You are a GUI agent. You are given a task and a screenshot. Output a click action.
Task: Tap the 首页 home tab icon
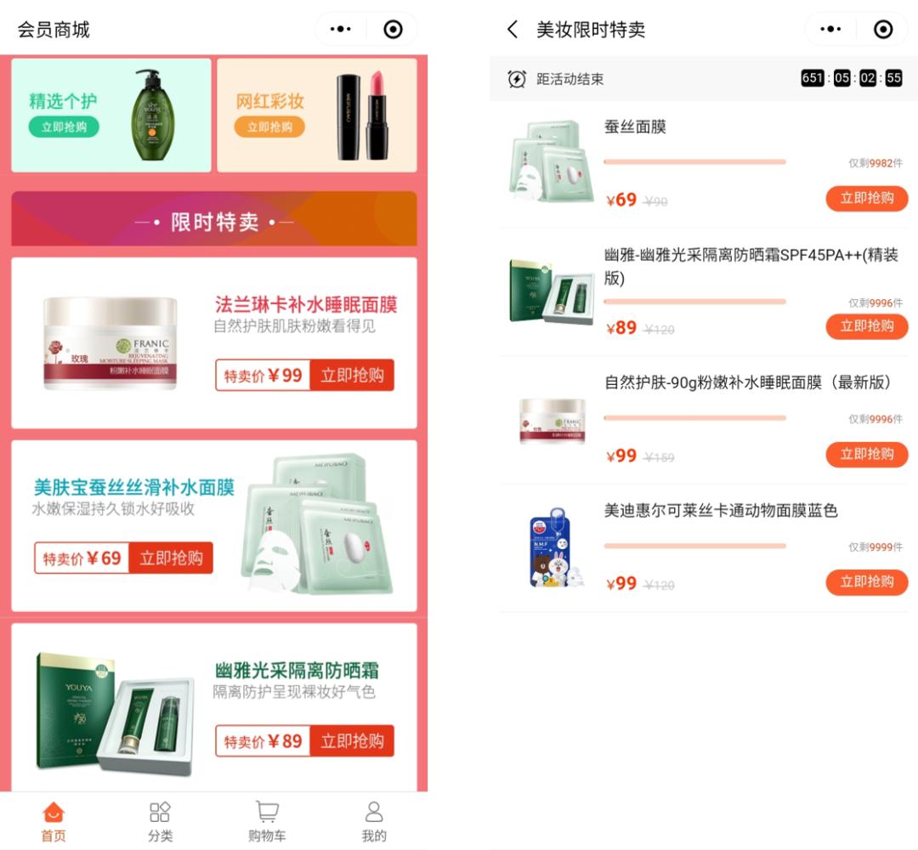coord(53,813)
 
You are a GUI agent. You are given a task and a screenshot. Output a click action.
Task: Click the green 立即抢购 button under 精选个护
coord(64,127)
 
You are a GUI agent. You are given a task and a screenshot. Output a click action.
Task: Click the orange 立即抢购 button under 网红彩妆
coord(269,127)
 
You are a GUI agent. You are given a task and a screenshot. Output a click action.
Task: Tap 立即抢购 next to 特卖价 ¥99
coord(352,376)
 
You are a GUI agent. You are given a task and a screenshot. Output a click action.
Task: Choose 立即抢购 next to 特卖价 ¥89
coord(352,741)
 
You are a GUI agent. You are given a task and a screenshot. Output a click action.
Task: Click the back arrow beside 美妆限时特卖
coord(513,30)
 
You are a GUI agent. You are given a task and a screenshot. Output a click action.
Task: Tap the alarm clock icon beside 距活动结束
coord(517,79)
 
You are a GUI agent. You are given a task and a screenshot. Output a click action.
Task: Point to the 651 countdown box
coord(813,78)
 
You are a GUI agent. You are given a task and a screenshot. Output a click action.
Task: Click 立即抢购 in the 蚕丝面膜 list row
coord(867,199)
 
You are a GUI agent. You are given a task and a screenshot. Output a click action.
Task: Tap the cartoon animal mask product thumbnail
coord(553,548)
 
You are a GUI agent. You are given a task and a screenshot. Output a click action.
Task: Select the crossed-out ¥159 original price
coord(659,457)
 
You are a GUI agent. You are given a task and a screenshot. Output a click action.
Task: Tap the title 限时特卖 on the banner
coord(214,222)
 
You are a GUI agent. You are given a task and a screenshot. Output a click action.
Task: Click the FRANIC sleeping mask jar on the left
coord(110,343)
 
